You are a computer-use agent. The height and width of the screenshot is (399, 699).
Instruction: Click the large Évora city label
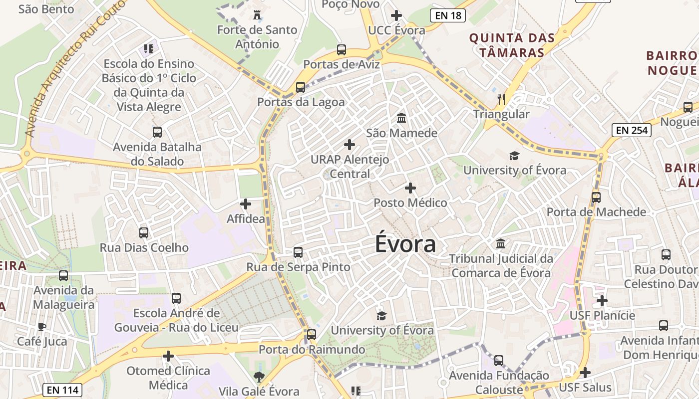pos(405,244)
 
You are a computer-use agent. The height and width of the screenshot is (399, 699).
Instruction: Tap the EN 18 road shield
pos(448,15)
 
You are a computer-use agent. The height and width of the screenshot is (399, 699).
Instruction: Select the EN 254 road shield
pos(632,131)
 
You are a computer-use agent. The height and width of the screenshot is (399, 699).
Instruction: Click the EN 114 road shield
pos(62,390)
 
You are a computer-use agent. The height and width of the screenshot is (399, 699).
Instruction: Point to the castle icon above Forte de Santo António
pos(257,14)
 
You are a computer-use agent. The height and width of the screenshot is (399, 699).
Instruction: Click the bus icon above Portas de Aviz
pos(342,50)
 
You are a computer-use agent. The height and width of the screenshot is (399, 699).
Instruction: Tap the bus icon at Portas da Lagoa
pos(301,87)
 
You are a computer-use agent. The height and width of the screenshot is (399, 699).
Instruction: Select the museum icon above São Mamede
pos(401,118)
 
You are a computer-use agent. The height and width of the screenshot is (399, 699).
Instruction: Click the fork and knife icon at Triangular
pos(501,99)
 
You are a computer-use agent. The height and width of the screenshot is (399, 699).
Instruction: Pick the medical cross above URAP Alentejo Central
pos(349,145)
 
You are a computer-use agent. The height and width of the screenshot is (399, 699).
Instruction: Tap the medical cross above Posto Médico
pos(410,188)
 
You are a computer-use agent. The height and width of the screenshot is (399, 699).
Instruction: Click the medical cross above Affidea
pos(246,204)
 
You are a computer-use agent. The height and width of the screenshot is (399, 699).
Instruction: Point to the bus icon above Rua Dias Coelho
pos(144,233)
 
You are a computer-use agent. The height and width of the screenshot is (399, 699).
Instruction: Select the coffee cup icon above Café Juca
pos(42,327)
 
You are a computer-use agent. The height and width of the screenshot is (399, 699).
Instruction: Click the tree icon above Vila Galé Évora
pos(259,377)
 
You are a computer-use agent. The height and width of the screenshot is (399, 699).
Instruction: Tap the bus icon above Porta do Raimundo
pos(312,335)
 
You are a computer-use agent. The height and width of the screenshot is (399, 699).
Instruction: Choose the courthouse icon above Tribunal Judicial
pos(501,244)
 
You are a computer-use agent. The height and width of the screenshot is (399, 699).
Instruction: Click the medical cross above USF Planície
pos(602,301)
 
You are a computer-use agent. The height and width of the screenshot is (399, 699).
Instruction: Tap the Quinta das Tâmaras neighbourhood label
pos(512,45)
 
